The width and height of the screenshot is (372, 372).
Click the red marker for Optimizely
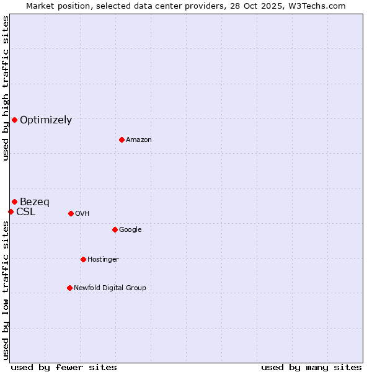[14, 120]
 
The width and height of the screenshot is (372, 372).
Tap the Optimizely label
[46, 120]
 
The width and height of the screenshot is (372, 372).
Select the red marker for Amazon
[122, 139]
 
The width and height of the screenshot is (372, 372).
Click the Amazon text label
[139, 140]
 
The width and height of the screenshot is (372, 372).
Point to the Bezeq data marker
[14, 201]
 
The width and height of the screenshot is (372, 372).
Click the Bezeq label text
[35, 202]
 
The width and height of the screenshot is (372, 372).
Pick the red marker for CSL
[11, 211]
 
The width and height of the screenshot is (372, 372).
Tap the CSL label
[26, 212]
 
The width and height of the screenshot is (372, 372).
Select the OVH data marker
[71, 213]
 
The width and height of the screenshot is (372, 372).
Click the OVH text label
[82, 214]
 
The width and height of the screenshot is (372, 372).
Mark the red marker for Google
[115, 229]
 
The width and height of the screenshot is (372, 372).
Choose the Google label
[130, 230]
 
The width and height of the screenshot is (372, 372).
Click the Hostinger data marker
[83, 259]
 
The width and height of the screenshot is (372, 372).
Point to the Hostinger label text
[103, 260]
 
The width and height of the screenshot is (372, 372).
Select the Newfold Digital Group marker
[69, 288]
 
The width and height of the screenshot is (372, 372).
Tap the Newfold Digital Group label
[110, 288]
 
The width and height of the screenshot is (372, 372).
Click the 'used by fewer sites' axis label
[64, 367]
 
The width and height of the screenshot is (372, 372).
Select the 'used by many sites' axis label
[311, 367]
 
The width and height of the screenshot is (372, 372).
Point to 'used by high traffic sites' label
[6, 88]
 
